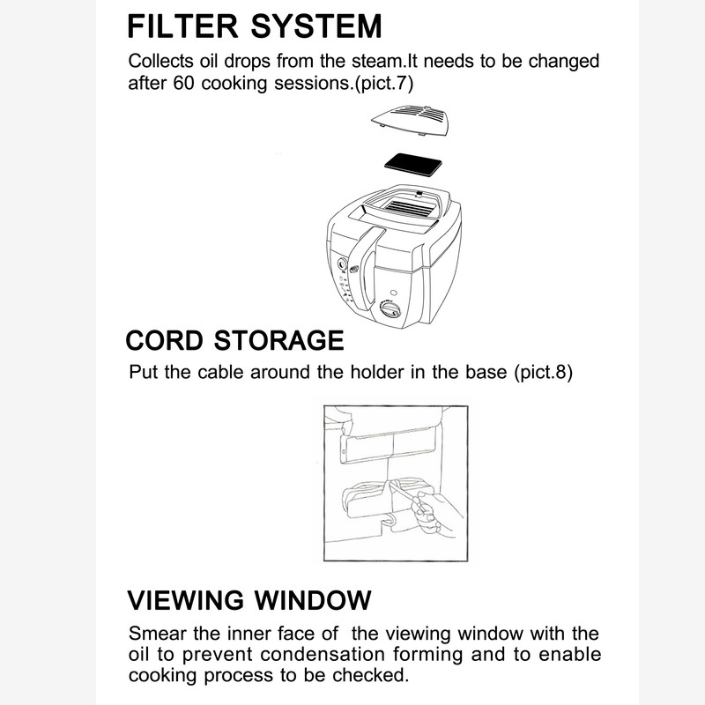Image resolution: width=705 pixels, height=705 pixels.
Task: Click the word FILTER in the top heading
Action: tap(182, 26)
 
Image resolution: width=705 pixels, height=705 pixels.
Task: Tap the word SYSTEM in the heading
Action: tap(316, 26)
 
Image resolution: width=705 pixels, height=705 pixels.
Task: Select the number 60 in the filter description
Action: tap(183, 83)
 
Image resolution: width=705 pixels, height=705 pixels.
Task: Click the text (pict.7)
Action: tap(384, 84)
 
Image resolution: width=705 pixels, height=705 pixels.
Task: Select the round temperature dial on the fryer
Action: tap(389, 309)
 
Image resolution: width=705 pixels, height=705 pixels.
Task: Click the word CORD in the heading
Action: tap(164, 340)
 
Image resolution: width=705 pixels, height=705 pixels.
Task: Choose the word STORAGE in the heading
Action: tap(278, 340)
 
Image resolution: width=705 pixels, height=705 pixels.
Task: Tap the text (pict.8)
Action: tap(544, 372)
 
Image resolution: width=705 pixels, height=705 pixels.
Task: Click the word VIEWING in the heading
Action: tap(186, 600)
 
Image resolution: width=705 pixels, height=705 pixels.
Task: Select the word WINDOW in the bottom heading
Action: tap(313, 600)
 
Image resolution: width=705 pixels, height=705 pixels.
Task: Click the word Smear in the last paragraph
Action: tap(158, 634)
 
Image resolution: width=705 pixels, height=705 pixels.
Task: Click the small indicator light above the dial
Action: tap(394, 293)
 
